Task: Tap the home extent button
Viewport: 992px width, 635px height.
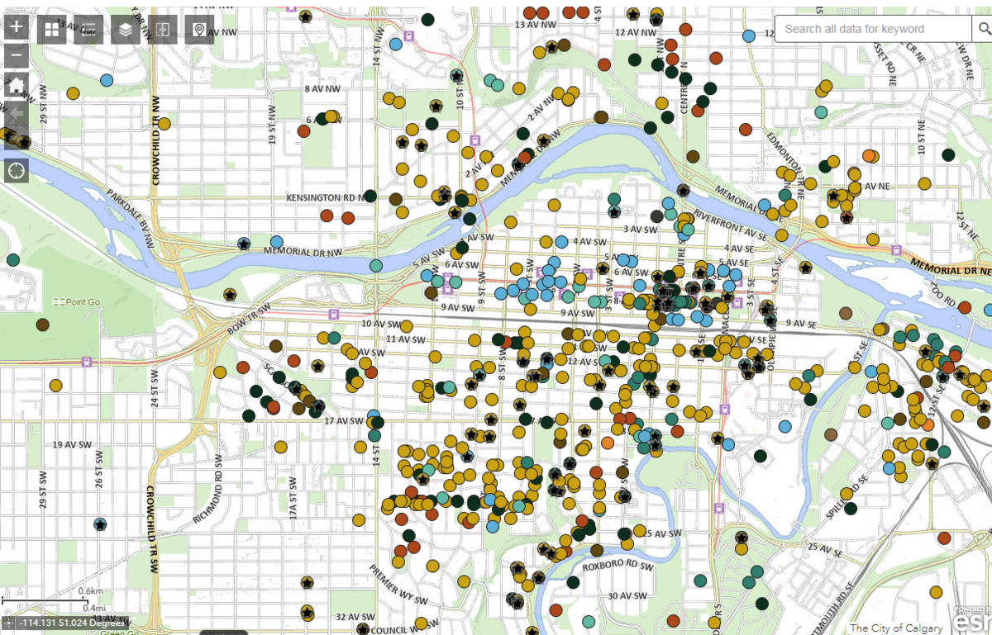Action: point(17,84)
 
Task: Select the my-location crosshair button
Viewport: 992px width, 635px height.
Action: point(17,171)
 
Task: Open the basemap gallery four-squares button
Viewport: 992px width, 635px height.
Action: point(52,30)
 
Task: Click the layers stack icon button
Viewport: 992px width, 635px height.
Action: point(126,30)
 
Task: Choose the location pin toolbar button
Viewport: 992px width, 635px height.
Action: point(199,30)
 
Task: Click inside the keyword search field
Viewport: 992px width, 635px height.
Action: point(872,29)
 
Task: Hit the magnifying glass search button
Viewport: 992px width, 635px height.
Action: point(982,29)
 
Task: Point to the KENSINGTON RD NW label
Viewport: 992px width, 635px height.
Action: point(325,198)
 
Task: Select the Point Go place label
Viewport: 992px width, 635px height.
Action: point(76,303)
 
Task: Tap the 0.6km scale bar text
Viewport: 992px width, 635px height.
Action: point(90,591)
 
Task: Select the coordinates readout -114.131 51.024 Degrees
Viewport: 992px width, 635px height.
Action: point(73,623)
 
